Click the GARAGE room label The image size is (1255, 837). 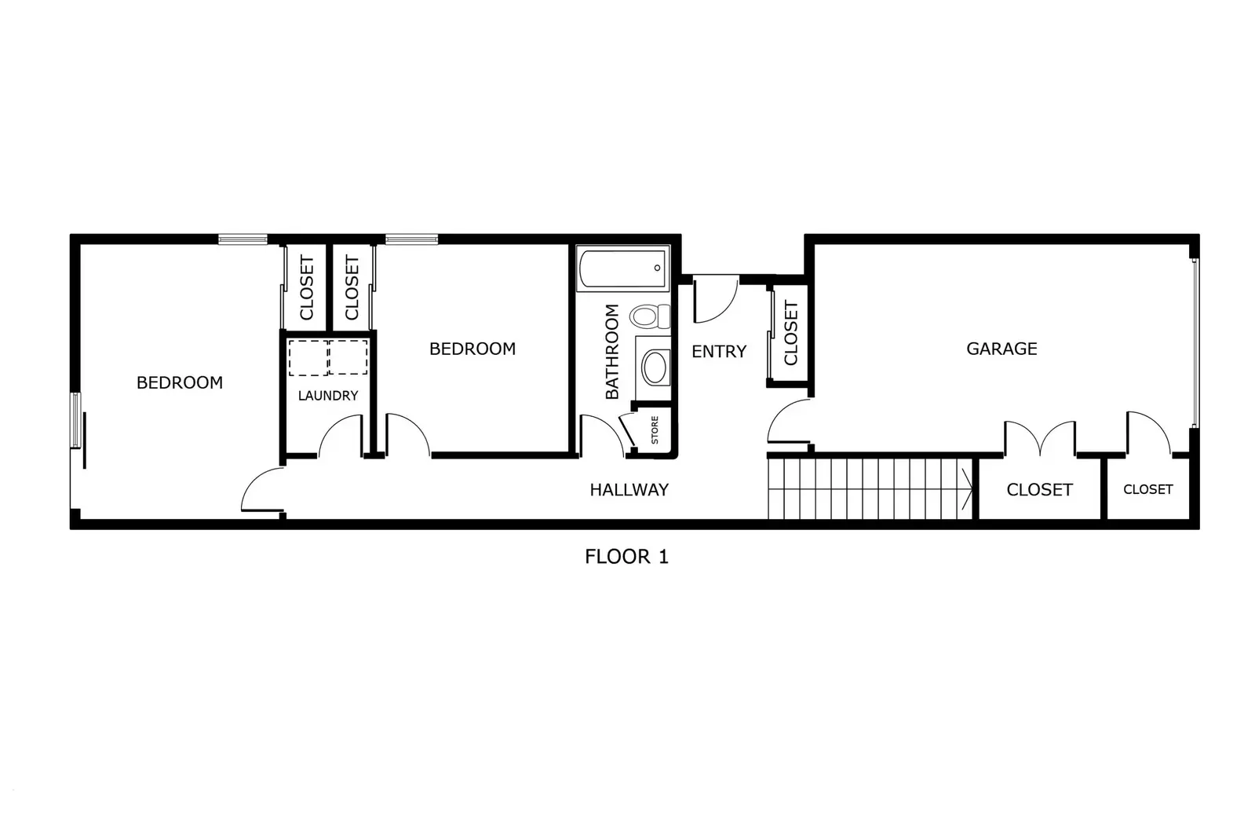point(1001,349)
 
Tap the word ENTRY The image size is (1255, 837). point(718,352)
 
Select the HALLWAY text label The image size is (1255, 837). point(629,490)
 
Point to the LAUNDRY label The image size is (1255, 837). point(327,396)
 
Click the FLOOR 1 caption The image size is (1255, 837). point(626,557)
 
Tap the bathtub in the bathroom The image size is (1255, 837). point(622,268)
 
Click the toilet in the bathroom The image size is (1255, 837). point(647,316)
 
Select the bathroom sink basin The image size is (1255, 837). point(654,367)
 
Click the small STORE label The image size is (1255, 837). point(655,429)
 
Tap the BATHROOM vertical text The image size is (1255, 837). point(612,351)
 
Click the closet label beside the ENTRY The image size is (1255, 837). point(790,333)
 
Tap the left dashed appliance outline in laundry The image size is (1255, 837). point(307,358)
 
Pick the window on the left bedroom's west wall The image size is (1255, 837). point(76,420)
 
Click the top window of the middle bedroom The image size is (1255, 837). point(411,239)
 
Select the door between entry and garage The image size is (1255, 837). point(789,422)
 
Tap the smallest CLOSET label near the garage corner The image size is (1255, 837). point(1147,489)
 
